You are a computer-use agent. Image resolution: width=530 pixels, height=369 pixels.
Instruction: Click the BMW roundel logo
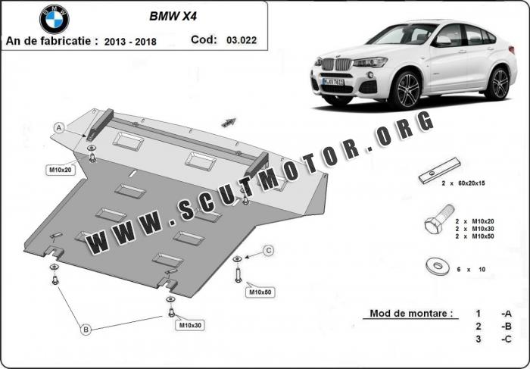coord(55,19)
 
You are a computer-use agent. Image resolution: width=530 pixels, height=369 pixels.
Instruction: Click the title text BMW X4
coord(173,17)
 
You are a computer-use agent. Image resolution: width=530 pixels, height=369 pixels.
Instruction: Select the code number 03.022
coord(242,40)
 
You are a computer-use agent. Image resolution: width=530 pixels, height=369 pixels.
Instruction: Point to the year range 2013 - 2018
coord(130,42)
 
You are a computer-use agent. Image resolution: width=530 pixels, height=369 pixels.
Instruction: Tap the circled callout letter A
coord(59,128)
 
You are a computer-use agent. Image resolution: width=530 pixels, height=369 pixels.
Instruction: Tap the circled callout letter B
coord(86,329)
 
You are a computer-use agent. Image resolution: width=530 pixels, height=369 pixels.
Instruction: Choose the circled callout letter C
coord(268,251)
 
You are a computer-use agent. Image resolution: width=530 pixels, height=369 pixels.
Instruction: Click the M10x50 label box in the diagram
coord(260,292)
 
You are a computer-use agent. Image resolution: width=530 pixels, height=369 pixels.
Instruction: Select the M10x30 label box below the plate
coord(190,325)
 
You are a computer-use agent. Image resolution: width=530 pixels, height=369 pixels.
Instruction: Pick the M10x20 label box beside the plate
coord(61,170)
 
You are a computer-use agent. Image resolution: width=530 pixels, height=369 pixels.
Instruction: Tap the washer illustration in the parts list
coord(438,266)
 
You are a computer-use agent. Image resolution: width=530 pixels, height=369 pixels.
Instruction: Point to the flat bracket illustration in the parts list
coord(439,170)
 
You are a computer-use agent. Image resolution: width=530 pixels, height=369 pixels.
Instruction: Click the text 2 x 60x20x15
coord(463,183)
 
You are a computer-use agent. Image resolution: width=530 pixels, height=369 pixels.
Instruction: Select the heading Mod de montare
coord(411,313)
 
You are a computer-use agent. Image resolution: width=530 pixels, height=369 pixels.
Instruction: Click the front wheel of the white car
coord(404,89)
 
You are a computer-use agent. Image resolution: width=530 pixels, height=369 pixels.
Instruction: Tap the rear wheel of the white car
coord(497,83)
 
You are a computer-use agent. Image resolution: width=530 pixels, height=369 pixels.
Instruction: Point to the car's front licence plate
coord(333,82)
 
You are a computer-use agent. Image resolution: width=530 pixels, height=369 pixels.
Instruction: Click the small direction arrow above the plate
coord(229,123)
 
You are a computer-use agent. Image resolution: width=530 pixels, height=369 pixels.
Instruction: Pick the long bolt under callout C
coord(238,275)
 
